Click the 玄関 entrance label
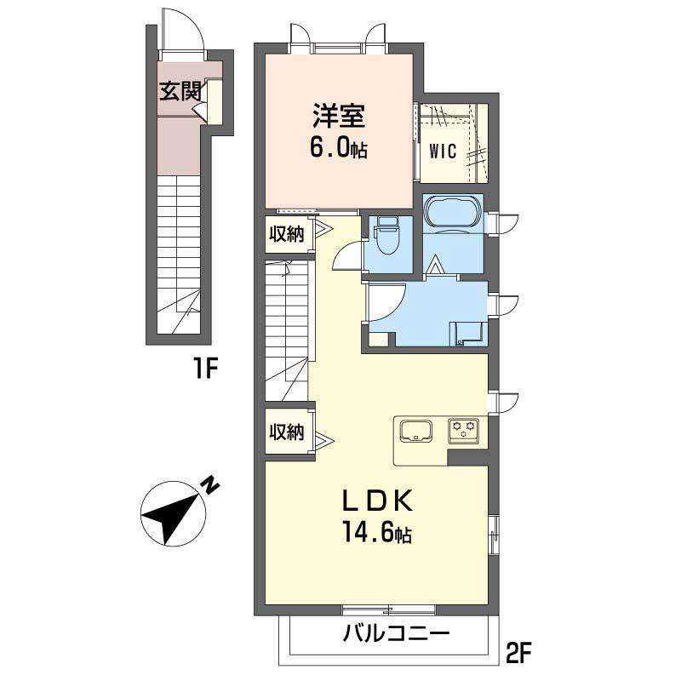(180, 91)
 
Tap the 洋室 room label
(339, 116)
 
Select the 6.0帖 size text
(338, 149)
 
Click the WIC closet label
(443, 152)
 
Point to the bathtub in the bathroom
(454, 211)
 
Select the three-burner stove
(464, 431)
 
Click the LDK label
(377, 502)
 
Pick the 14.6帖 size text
(377, 533)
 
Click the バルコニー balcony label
(396, 634)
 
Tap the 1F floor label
(205, 369)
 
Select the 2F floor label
(518, 652)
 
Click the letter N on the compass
(210, 484)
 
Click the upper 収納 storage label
(287, 235)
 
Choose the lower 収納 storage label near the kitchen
(287, 432)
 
